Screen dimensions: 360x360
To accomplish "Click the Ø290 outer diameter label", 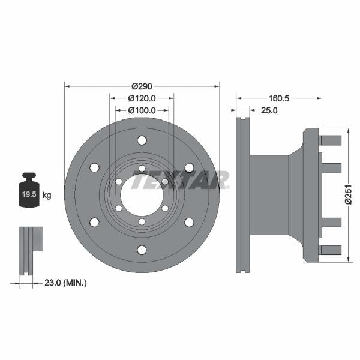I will (x=142, y=86).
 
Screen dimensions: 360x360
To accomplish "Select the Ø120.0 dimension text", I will (x=142, y=98).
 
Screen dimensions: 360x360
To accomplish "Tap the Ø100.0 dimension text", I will (x=142, y=110).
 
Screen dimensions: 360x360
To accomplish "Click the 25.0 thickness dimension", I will (x=268, y=110).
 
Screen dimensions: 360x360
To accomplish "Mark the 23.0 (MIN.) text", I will (x=67, y=282).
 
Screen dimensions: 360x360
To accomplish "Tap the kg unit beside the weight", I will (x=47, y=195).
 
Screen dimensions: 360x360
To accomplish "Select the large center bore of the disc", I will (x=142, y=195).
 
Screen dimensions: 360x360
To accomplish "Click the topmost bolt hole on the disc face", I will (x=142, y=140).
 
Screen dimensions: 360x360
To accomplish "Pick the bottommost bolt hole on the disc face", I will (x=142, y=250).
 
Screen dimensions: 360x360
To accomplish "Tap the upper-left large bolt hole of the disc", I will (x=94, y=168).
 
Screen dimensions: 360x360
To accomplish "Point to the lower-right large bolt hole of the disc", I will (x=189, y=223).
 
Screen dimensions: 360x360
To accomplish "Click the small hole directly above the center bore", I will (x=142, y=169).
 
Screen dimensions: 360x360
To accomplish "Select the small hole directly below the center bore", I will (x=142, y=221).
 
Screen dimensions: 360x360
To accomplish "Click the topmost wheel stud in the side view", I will (x=331, y=140).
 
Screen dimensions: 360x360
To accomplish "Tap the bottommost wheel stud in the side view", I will (x=331, y=250).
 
